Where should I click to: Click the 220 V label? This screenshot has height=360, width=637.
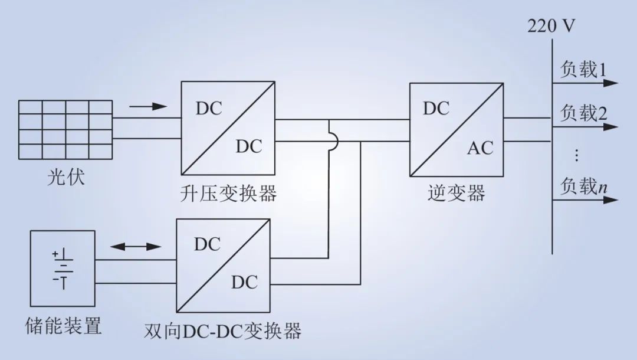click(x=551, y=26)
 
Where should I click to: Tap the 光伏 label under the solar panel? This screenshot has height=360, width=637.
click(x=66, y=177)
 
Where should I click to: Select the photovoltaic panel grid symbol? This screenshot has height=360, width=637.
click(x=65, y=130)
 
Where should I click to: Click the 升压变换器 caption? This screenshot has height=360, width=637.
click(x=228, y=194)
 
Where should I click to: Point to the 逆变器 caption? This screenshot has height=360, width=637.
click(x=456, y=193)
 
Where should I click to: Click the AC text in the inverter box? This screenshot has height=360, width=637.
click(x=480, y=148)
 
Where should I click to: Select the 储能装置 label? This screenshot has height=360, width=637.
click(x=63, y=326)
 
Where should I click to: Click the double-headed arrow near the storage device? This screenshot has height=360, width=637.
click(x=136, y=247)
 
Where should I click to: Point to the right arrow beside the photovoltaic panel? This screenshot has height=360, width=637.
click(x=148, y=106)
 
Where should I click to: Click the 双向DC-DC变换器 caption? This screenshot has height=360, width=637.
click(x=222, y=331)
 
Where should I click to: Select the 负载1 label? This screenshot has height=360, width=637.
click(x=583, y=70)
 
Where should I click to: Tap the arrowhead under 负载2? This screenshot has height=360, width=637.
click(x=610, y=127)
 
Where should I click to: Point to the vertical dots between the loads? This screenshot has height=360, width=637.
click(x=576, y=155)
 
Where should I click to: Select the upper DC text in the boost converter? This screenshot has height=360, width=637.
click(x=209, y=109)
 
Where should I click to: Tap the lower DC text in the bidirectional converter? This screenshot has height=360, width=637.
click(x=245, y=282)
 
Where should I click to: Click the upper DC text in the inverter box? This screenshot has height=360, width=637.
click(x=436, y=109)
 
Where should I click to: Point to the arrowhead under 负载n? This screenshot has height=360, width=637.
click(x=610, y=200)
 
